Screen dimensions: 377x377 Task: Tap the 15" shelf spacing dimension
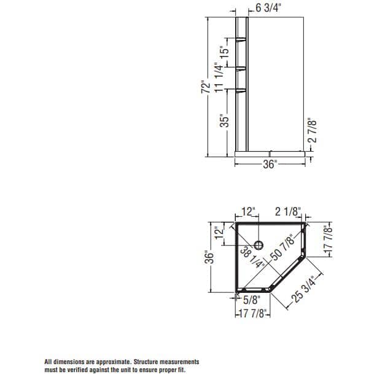pyautogui.click(x=225, y=52)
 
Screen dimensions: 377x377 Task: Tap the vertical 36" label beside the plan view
pyautogui.click(x=209, y=259)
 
